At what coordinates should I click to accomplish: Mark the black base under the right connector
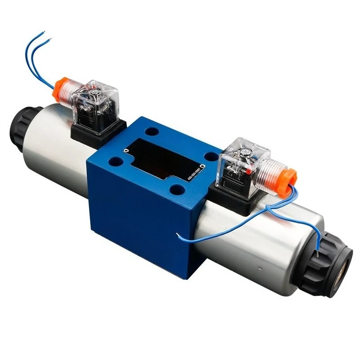point(234,198)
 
